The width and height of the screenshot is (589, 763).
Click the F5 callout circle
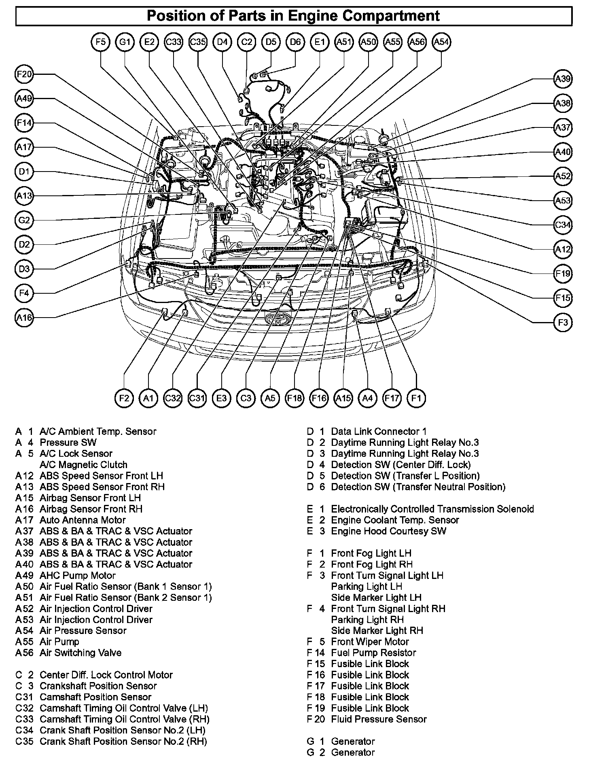click(100, 42)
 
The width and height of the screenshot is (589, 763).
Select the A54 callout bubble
click(441, 42)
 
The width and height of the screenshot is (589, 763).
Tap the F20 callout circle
click(24, 74)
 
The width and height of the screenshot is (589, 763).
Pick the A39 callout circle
click(563, 79)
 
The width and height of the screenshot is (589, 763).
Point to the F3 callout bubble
click(563, 322)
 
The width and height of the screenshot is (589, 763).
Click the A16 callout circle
click(24, 318)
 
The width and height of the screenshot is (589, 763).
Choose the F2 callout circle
click(124, 398)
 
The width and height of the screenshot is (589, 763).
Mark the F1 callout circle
click(416, 398)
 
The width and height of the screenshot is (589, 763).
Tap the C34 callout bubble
click(563, 225)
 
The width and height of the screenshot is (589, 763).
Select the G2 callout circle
click(24, 220)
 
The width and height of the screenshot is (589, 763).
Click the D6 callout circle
click(295, 42)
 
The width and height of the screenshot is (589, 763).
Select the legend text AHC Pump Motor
click(77, 575)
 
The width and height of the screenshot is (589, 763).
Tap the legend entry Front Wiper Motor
click(370, 642)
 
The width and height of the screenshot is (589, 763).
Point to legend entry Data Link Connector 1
click(379, 431)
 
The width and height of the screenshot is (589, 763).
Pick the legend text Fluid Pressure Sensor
click(379, 719)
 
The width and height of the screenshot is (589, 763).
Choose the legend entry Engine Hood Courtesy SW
click(388, 531)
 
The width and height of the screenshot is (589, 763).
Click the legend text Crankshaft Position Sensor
click(98, 686)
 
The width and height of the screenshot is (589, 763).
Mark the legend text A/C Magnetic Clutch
click(83, 464)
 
